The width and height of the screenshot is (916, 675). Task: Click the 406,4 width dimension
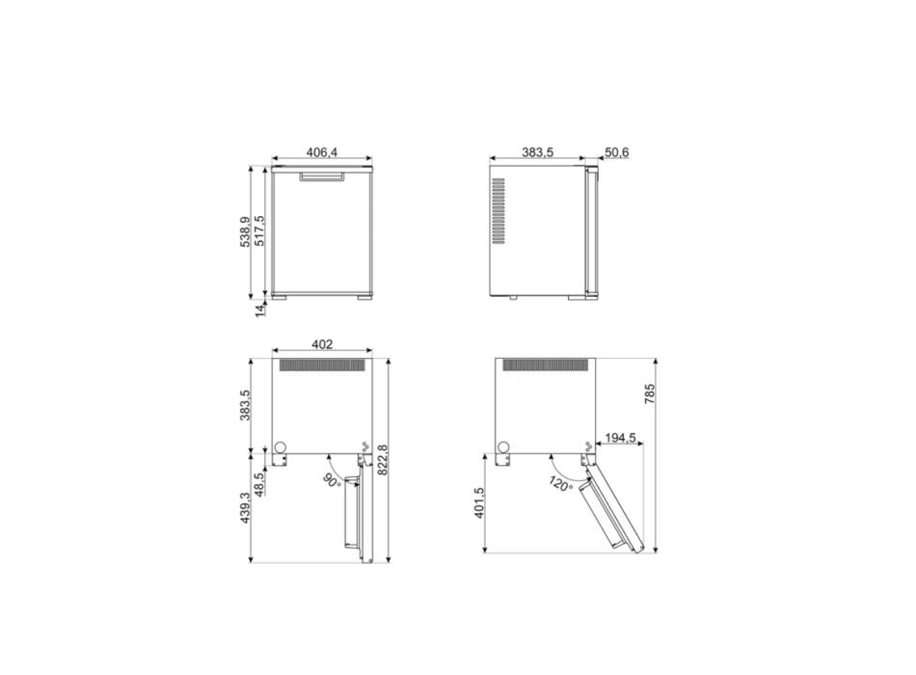pyautogui.click(x=321, y=152)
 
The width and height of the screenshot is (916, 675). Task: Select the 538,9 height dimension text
pyautogui.click(x=246, y=231)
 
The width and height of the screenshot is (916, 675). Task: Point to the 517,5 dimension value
pyautogui.click(x=259, y=231)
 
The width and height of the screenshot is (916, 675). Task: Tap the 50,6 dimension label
pyautogui.click(x=617, y=152)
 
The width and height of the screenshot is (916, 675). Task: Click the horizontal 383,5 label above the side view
pyautogui.click(x=538, y=152)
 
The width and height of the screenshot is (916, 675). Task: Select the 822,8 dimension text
pyautogui.click(x=382, y=459)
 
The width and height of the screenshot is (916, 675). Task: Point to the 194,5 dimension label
pyautogui.click(x=617, y=438)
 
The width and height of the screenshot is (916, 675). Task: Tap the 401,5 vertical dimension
pyautogui.click(x=479, y=503)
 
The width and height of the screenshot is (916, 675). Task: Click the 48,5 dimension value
pyautogui.click(x=259, y=482)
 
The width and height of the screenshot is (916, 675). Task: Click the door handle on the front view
pyautogui.click(x=321, y=177)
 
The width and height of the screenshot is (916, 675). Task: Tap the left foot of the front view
pyautogui.click(x=280, y=297)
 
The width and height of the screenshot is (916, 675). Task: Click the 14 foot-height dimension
pyautogui.click(x=260, y=309)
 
